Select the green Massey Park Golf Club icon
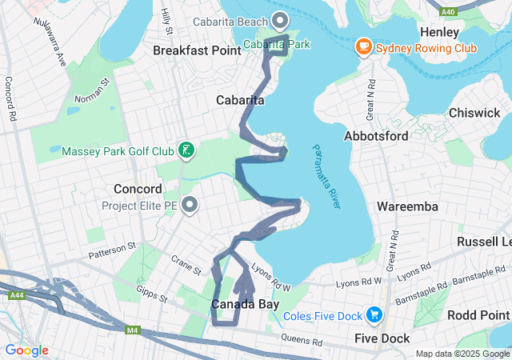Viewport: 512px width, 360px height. point(186,150)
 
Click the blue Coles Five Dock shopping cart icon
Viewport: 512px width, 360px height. point(373,315)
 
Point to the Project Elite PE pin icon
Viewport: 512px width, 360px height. point(190,206)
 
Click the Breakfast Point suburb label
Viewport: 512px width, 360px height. point(197,50)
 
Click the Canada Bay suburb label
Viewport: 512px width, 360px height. point(244,305)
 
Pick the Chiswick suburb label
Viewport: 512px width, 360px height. point(474,113)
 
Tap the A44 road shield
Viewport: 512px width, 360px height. point(16,295)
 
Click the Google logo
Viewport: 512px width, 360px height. point(26,350)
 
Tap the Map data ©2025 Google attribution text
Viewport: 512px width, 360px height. point(462,354)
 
